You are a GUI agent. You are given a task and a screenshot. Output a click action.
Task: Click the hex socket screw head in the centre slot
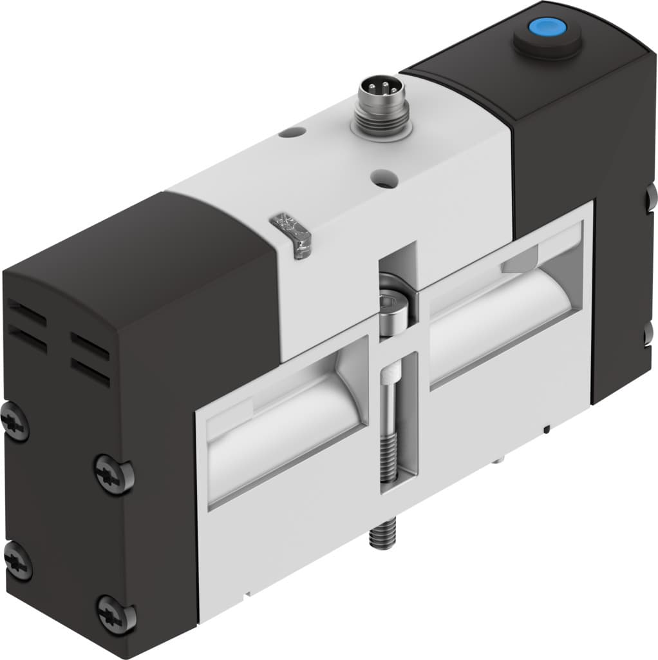[393, 311]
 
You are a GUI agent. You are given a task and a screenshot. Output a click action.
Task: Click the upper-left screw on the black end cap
[14, 423]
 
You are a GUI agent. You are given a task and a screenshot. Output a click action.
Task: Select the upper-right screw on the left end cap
[113, 474]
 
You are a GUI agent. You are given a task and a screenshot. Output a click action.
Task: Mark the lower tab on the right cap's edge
[651, 335]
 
